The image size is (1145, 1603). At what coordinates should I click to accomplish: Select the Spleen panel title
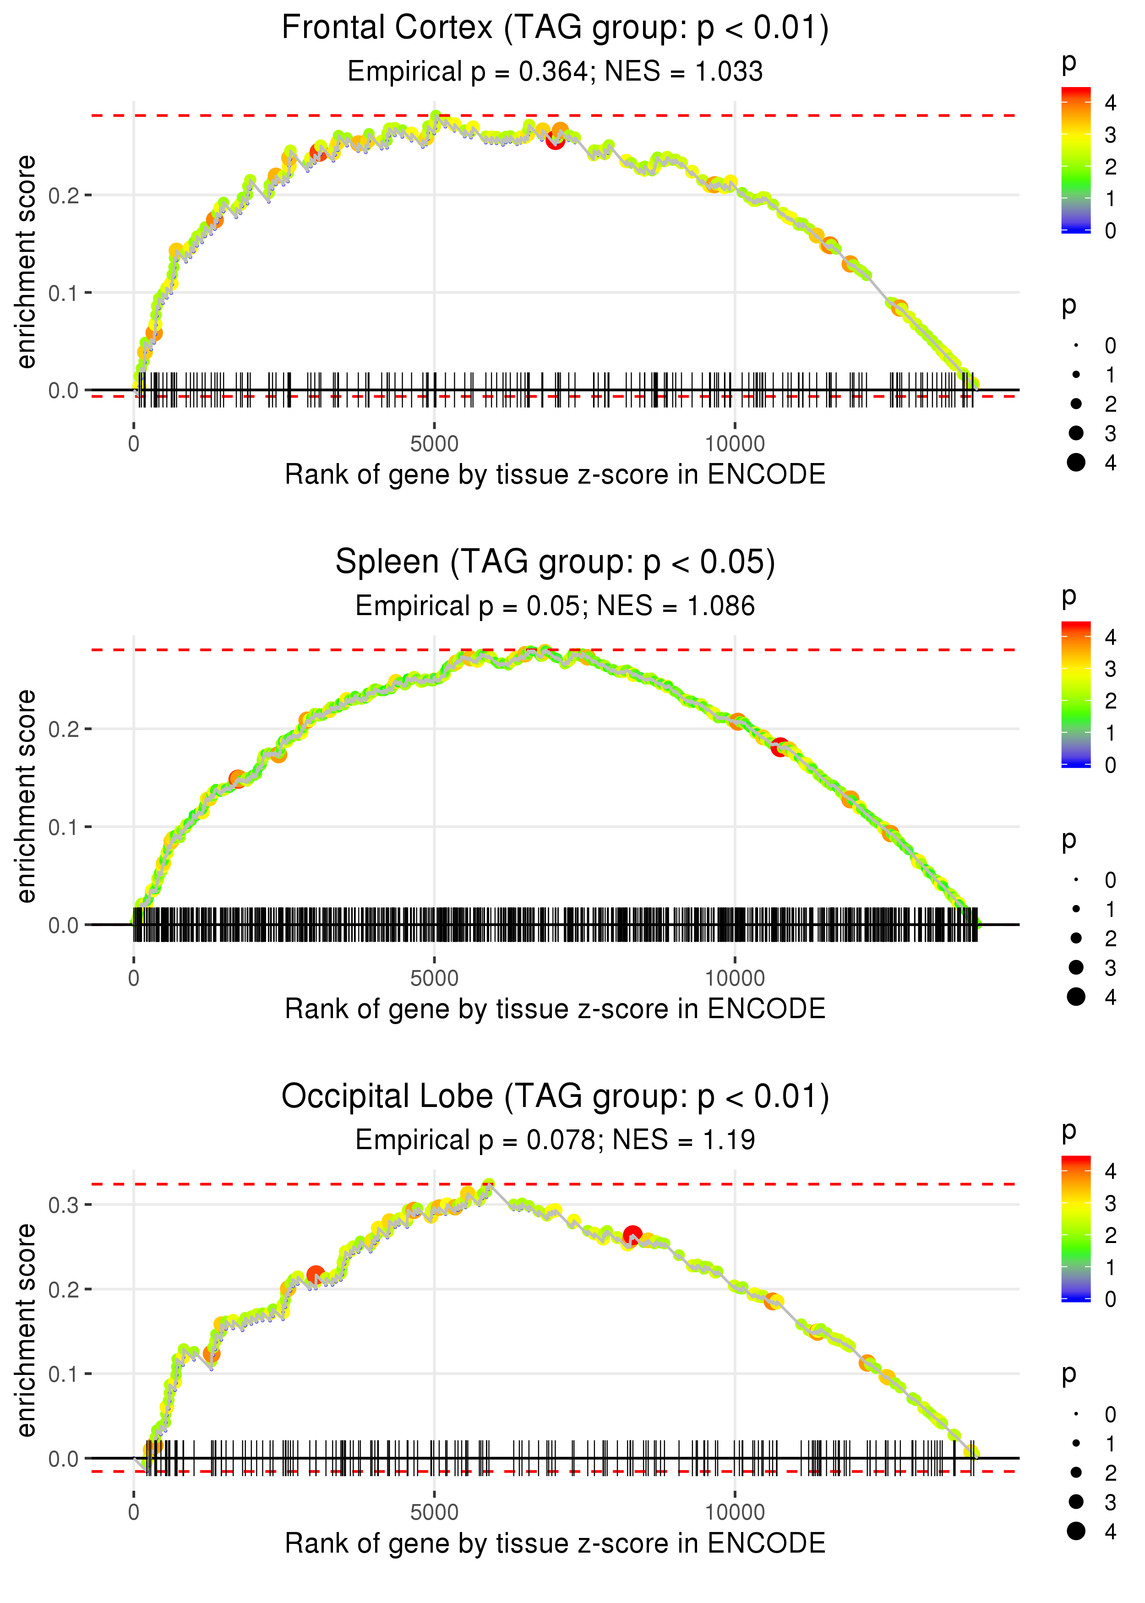click(555, 562)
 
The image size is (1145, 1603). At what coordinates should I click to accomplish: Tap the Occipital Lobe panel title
click(555, 1096)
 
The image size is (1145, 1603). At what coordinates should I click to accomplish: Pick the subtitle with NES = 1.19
click(555, 1140)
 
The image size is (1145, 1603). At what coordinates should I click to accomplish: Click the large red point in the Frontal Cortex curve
click(556, 140)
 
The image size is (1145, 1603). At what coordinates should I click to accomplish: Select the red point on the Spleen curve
click(779, 747)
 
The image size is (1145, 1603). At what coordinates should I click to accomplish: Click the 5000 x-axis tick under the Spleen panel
click(434, 978)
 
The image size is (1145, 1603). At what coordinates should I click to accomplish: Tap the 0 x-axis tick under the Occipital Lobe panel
click(134, 1512)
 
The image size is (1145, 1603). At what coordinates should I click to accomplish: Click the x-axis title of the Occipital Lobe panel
click(555, 1543)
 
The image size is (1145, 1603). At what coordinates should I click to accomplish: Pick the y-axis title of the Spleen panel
click(26, 796)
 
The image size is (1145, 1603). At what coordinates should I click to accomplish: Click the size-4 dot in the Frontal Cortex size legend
click(1076, 463)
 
